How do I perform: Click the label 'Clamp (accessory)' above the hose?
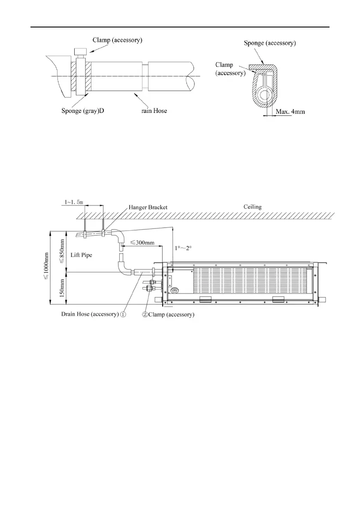click(x=117, y=40)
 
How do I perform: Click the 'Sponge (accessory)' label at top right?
click(x=269, y=43)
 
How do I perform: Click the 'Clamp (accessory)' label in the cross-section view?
click(x=230, y=69)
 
